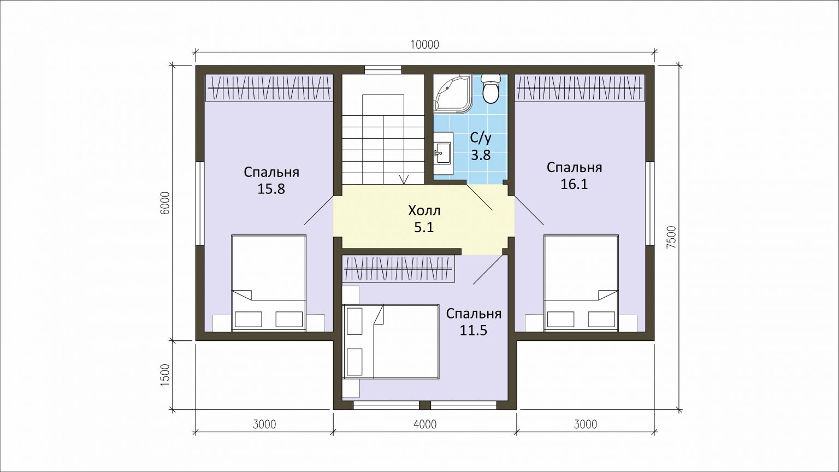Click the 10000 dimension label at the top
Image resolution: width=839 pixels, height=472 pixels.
tap(425, 45)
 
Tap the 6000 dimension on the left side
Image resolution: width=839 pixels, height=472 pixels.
tap(165, 203)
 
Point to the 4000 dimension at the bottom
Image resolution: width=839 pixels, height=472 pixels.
tap(425, 424)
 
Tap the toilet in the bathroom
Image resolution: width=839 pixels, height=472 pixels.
tap(491, 88)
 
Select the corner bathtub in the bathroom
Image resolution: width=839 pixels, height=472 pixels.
tap(452, 93)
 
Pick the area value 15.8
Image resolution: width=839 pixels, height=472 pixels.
tap(271, 189)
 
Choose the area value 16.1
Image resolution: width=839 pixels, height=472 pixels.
tap(574, 184)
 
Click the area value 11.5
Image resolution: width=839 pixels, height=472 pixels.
tap(474, 330)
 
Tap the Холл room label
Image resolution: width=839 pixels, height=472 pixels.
tap(424, 211)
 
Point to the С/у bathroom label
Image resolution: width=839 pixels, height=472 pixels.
tap(481, 138)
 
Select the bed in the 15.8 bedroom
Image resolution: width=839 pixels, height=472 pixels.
tap(269, 283)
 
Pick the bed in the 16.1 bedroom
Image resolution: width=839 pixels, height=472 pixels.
tap(581, 283)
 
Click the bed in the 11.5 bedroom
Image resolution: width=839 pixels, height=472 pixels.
tap(391, 341)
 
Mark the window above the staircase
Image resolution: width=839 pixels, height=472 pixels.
tap(383, 70)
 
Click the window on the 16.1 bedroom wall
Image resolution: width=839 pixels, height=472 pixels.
tap(650, 203)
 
